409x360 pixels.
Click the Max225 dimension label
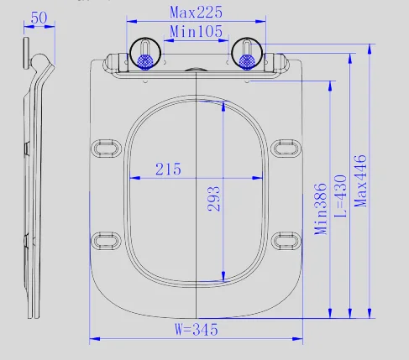(x=196, y=13)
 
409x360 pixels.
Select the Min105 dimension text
(x=196, y=31)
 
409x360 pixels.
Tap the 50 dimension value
(x=39, y=18)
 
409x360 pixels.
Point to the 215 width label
(x=168, y=169)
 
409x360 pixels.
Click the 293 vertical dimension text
(x=214, y=199)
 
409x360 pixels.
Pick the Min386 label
(x=321, y=209)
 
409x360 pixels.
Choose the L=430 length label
(x=341, y=196)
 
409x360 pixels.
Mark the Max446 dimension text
(x=360, y=181)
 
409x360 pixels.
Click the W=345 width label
(x=197, y=330)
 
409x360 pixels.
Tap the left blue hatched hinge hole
(x=145, y=61)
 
